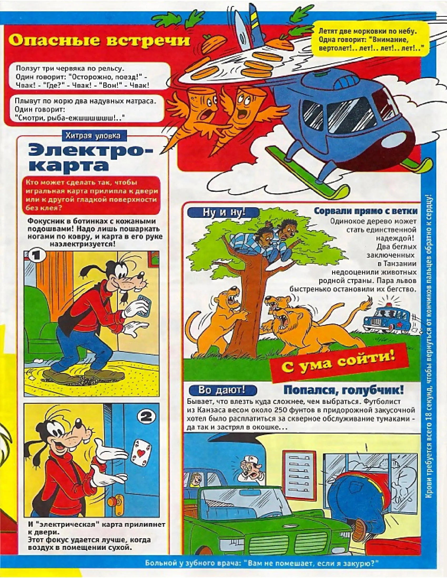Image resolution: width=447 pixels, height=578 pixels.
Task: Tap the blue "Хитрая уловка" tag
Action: click(93, 136)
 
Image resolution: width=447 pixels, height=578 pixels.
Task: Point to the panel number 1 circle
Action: click(37, 256)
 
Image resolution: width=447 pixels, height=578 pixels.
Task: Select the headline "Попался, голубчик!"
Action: click(343, 390)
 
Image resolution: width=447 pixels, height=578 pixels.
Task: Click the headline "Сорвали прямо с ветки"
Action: click(365, 211)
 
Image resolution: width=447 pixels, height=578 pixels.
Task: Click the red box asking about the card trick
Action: click(92, 195)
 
